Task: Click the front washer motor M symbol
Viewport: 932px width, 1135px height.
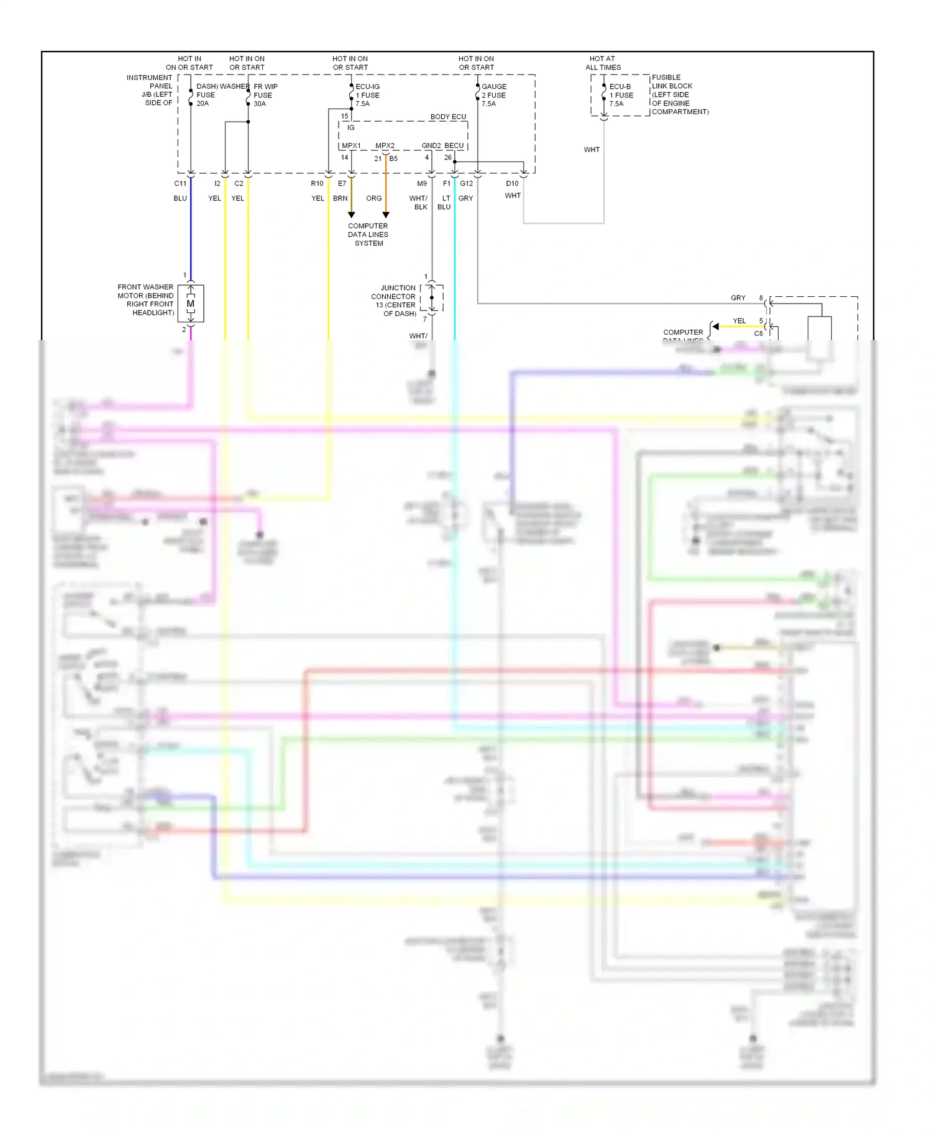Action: click(191, 304)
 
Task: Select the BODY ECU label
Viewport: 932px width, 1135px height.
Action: click(448, 117)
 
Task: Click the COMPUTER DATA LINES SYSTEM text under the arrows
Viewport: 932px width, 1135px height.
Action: click(368, 235)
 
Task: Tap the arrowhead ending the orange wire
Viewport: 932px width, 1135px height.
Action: click(386, 215)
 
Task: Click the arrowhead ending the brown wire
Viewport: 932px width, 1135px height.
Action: click(352, 215)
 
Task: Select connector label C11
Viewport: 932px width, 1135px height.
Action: click(180, 183)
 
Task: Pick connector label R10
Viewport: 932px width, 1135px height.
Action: click(317, 183)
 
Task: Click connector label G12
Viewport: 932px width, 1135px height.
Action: click(467, 183)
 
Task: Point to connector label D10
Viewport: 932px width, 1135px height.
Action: click(512, 183)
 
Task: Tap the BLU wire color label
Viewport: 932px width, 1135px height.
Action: click(180, 198)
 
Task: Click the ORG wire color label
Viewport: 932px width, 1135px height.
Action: click(374, 198)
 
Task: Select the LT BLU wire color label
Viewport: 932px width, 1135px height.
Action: click(445, 202)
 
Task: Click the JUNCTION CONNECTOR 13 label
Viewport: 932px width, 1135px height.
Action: click(394, 301)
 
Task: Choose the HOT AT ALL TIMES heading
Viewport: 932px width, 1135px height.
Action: click(603, 63)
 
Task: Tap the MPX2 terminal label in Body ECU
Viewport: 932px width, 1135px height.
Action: click(385, 146)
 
